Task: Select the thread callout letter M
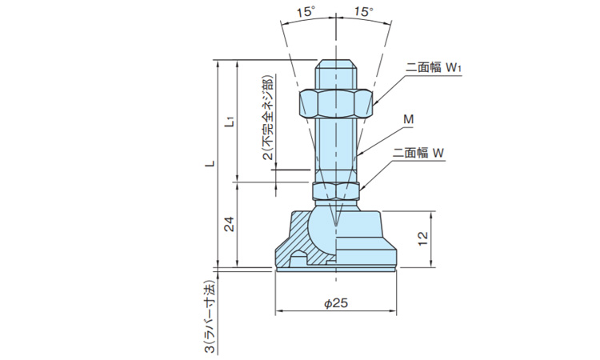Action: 408,120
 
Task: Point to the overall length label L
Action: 209,164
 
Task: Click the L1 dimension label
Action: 230,122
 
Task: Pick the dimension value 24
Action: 229,225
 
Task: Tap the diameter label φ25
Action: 336,303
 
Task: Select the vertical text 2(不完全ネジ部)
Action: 266,120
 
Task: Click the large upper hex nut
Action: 336,102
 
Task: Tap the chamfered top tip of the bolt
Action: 336,63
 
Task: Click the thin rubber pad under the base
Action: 336,269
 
